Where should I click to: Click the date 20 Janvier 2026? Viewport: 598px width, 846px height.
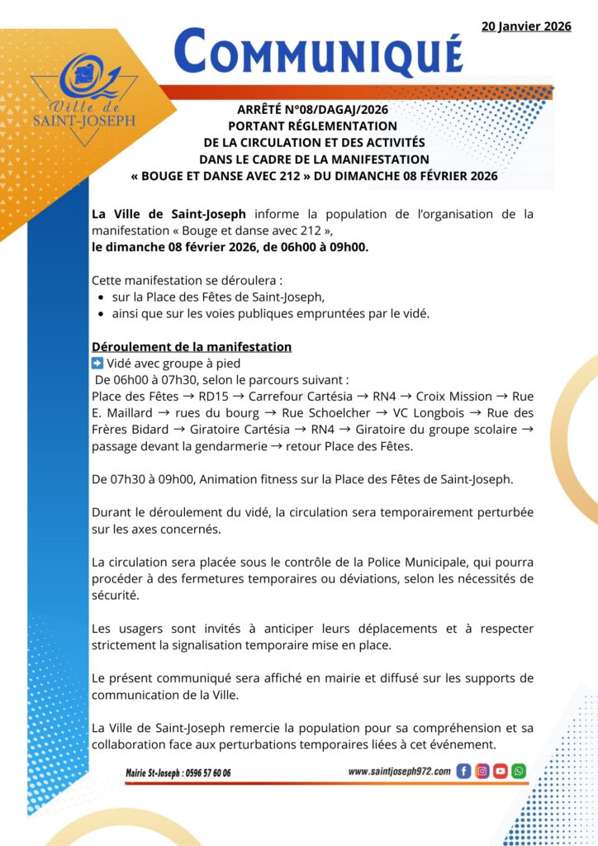point(526,26)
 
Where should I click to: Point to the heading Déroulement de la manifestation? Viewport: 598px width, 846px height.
point(191,347)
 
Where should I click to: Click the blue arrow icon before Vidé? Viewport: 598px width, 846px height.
point(97,363)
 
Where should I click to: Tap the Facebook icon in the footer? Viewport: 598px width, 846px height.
point(463,772)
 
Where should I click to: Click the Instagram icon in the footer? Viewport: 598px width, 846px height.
point(482,772)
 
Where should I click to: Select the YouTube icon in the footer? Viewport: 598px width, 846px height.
point(500,772)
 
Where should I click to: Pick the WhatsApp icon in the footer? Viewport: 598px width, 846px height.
point(519,772)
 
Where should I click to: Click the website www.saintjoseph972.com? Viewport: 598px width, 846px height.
point(400,772)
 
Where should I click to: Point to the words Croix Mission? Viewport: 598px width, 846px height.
point(453,397)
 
